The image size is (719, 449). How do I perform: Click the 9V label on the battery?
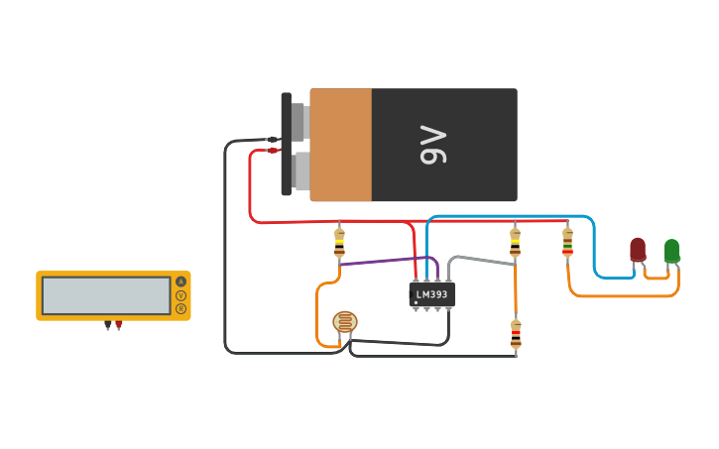pos(434,145)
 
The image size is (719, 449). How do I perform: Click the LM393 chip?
pos(431,294)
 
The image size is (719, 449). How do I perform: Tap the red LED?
pos(638,250)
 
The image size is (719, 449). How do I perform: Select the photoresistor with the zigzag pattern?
pos(344,322)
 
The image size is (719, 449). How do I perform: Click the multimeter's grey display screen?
pos(106,295)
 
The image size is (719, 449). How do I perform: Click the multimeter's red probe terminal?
pos(119,324)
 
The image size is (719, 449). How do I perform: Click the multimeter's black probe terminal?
pos(107,324)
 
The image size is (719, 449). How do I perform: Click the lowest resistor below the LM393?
pos(516,335)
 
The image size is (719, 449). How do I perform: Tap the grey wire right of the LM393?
pos(481,259)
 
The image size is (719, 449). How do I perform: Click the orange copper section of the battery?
pos(341,145)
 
